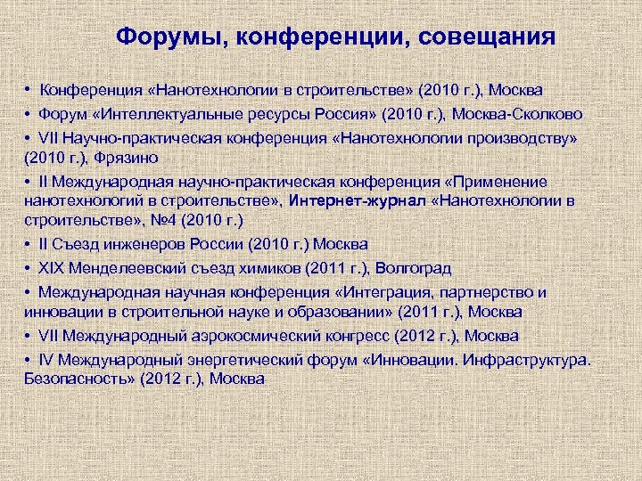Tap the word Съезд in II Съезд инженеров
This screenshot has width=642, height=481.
click(x=79, y=243)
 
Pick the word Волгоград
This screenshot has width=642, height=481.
click(x=413, y=267)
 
